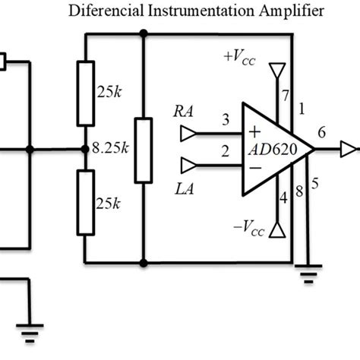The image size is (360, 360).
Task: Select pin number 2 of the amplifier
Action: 226,153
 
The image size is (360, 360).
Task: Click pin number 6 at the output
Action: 321,133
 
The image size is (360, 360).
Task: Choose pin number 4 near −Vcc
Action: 284,199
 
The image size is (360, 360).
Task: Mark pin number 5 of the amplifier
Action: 315,182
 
